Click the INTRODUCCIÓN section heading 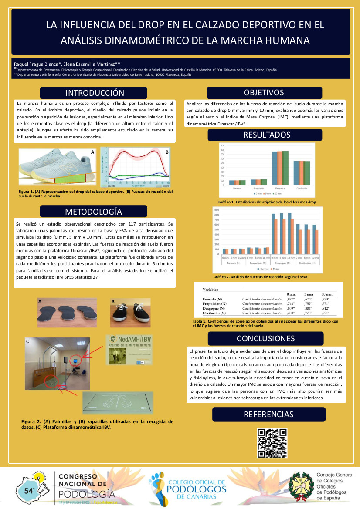95,93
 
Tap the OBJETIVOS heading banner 264,93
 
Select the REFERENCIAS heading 268,414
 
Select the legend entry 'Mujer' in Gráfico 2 276,270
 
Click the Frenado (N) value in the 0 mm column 291,299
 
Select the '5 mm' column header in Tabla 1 308,294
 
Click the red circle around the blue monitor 78,361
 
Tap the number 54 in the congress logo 30,490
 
